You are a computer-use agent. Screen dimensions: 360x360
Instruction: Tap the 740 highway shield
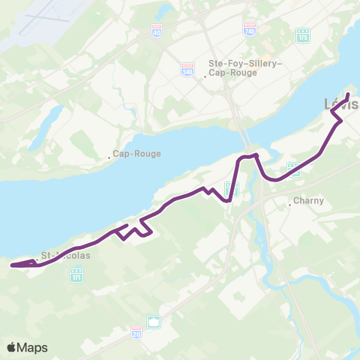(250, 28)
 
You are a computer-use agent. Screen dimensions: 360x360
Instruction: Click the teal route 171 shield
(76, 278)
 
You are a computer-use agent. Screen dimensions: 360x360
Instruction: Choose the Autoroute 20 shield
(136, 331)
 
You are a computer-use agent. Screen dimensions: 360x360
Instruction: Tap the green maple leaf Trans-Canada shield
(154, 322)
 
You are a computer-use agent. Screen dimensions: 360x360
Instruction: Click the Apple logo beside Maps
(12, 347)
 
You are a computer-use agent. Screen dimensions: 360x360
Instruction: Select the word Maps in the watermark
(33, 347)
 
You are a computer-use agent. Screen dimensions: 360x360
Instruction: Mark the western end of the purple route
(12, 265)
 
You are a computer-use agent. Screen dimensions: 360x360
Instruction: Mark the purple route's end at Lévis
(348, 94)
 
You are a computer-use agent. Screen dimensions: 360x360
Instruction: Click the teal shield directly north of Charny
(294, 169)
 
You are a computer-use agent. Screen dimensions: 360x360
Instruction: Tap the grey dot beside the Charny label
(290, 202)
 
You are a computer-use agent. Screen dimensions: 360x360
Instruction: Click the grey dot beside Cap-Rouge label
(109, 157)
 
